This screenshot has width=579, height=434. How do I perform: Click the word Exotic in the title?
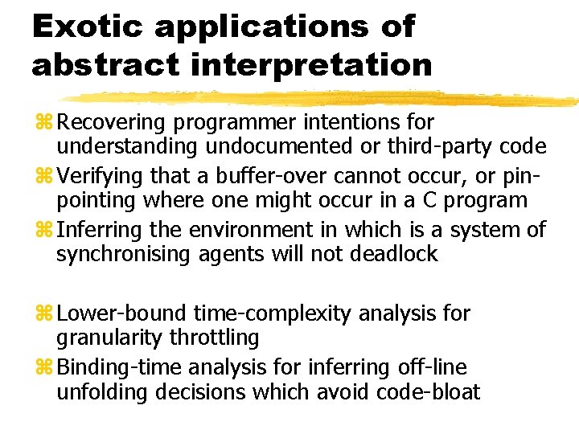(x=86, y=27)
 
